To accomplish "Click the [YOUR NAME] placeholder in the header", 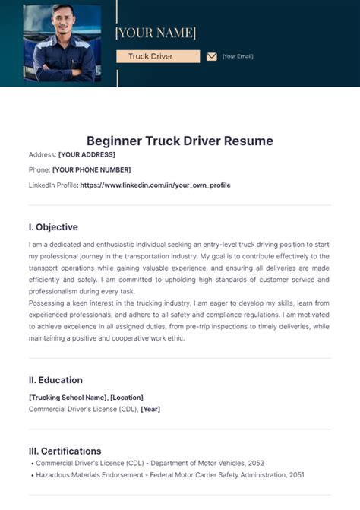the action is coord(155,33).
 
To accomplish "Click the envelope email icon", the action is coord(212,56).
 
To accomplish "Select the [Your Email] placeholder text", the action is coord(238,56).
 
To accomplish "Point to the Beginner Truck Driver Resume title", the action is coord(179,141).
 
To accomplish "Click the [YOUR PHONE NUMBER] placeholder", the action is coord(91,169).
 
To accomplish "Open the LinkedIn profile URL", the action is coord(155,185).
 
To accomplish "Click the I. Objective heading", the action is coord(53,226).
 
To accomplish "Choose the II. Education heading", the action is coord(55,380).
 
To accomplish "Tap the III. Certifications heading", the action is coord(65,451).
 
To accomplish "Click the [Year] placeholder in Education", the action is coord(150,409).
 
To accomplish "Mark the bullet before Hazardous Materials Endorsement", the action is coord(31,474).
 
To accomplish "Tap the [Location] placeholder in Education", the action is coord(127,397).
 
